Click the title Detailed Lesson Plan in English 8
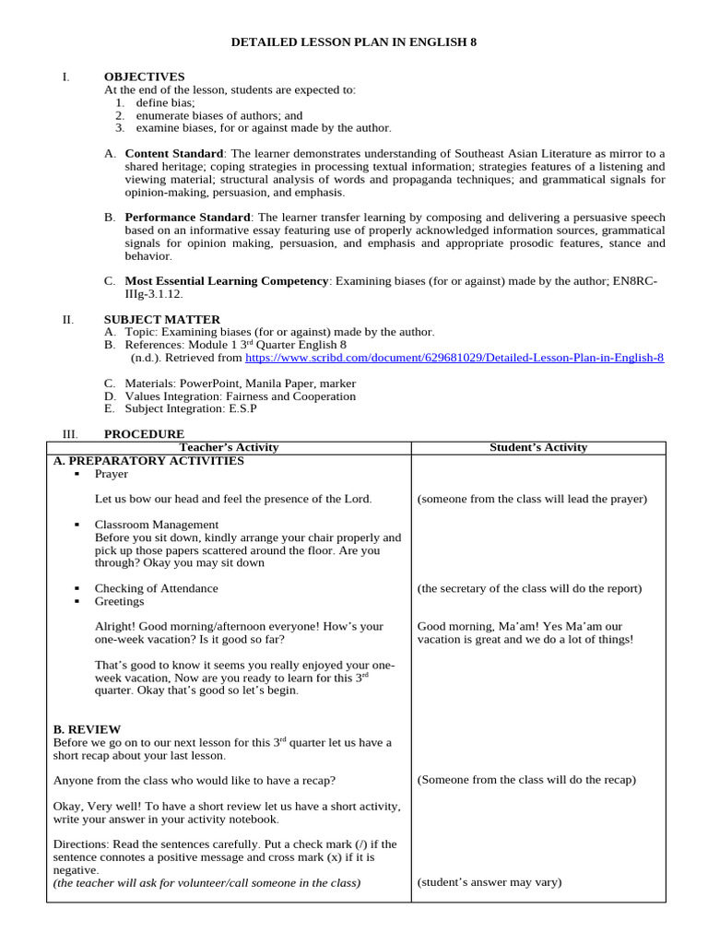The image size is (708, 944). (353, 42)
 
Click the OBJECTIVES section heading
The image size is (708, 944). (144, 77)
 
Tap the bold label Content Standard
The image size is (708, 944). (174, 153)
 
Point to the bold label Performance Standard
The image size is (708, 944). (187, 217)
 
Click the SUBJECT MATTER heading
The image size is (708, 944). (161, 319)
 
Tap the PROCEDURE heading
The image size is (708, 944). (144, 433)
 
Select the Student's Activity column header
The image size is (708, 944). (537, 447)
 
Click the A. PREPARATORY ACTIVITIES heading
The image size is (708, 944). (148, 460)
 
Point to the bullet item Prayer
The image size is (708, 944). (112, 474)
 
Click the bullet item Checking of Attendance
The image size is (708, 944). (156, 588)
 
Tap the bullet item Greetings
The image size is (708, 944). (119, 601)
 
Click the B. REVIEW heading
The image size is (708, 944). (87, 729)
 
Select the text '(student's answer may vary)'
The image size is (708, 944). (489, 882)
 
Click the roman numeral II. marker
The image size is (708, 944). (67, 319)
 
